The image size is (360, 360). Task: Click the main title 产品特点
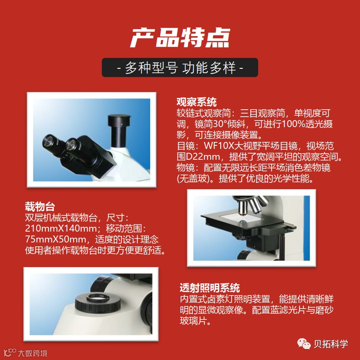(180, 37)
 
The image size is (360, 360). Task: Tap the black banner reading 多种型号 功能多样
(180, 67)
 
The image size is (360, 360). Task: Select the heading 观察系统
(196, 102)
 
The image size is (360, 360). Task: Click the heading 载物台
(40, 206)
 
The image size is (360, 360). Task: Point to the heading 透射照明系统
(210, 288)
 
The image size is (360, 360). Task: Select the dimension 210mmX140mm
(61, 228)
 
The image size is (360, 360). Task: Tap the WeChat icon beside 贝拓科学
(304, 344)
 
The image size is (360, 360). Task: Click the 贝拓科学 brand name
(331, 344)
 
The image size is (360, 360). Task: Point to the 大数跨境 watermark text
(33, 353)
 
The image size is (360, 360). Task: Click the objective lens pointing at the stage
(242, 207)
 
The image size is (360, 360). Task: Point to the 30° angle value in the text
(220, 124)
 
